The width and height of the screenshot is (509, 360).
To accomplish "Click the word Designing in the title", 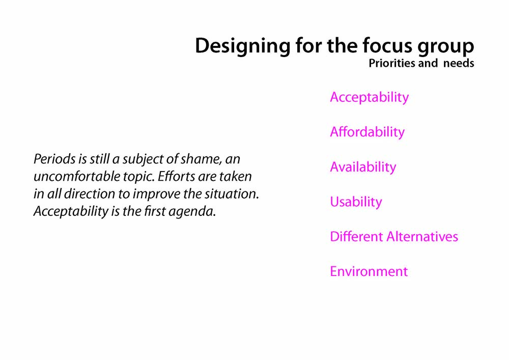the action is tap(242, 46).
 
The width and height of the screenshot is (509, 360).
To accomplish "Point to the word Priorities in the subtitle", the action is tap(392, 63).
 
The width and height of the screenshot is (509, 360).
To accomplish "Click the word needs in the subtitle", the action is tap(459, 63).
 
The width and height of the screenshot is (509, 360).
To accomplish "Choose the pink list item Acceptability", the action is tap(370, 97).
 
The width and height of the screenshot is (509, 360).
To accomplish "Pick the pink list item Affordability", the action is tap(367, 132).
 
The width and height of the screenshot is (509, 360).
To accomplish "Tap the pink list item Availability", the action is tap(363, 167).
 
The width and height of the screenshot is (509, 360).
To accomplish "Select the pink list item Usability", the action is tap(356, 202).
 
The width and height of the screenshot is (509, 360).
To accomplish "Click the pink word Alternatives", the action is tap(422, 237).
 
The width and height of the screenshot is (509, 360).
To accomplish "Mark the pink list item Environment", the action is tap(369, 271).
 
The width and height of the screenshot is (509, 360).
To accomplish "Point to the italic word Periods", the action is tap(54, 159).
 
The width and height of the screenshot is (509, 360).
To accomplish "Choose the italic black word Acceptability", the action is tap(71, 212).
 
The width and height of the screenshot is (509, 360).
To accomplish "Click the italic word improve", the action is tap(156, 195).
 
